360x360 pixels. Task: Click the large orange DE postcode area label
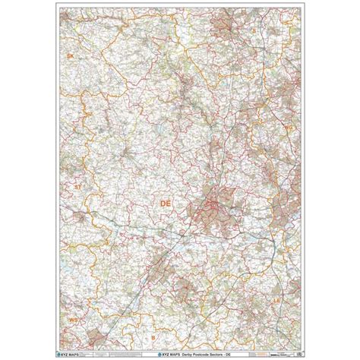[166, 203]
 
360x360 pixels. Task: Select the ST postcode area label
[76, 185]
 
